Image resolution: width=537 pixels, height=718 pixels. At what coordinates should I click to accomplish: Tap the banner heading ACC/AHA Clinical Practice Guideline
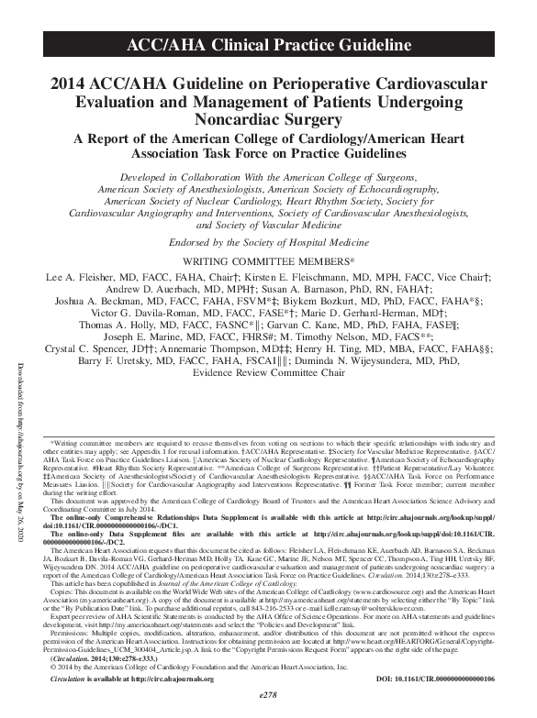(x=268, y=44)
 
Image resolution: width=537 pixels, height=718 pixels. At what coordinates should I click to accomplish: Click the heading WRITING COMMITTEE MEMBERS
(x=268, y=262)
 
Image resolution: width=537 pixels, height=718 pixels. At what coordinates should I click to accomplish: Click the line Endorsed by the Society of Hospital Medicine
(x=268, y=243)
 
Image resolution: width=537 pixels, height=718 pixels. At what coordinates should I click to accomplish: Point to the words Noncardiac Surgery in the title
(x=268, y=118)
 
